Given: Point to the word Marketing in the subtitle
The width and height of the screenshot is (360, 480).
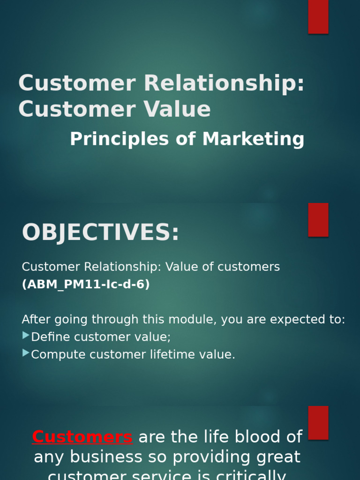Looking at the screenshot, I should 253,139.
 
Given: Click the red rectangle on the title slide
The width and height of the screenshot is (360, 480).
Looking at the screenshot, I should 318,17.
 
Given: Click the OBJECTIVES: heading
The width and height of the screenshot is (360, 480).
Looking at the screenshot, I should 100,233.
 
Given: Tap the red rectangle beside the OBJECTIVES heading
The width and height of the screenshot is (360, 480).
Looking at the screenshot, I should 318,220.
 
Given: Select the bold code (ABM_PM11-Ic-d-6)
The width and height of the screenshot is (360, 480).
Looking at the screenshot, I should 86,285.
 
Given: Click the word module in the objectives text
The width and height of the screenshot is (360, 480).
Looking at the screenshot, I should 194,320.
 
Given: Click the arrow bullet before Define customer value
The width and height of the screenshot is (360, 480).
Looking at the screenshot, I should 26,336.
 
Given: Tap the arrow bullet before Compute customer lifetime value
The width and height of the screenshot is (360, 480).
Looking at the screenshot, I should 26,353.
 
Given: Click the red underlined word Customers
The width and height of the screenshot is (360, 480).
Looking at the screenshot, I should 82,437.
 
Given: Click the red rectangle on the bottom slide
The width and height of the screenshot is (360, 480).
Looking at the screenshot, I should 318,423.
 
